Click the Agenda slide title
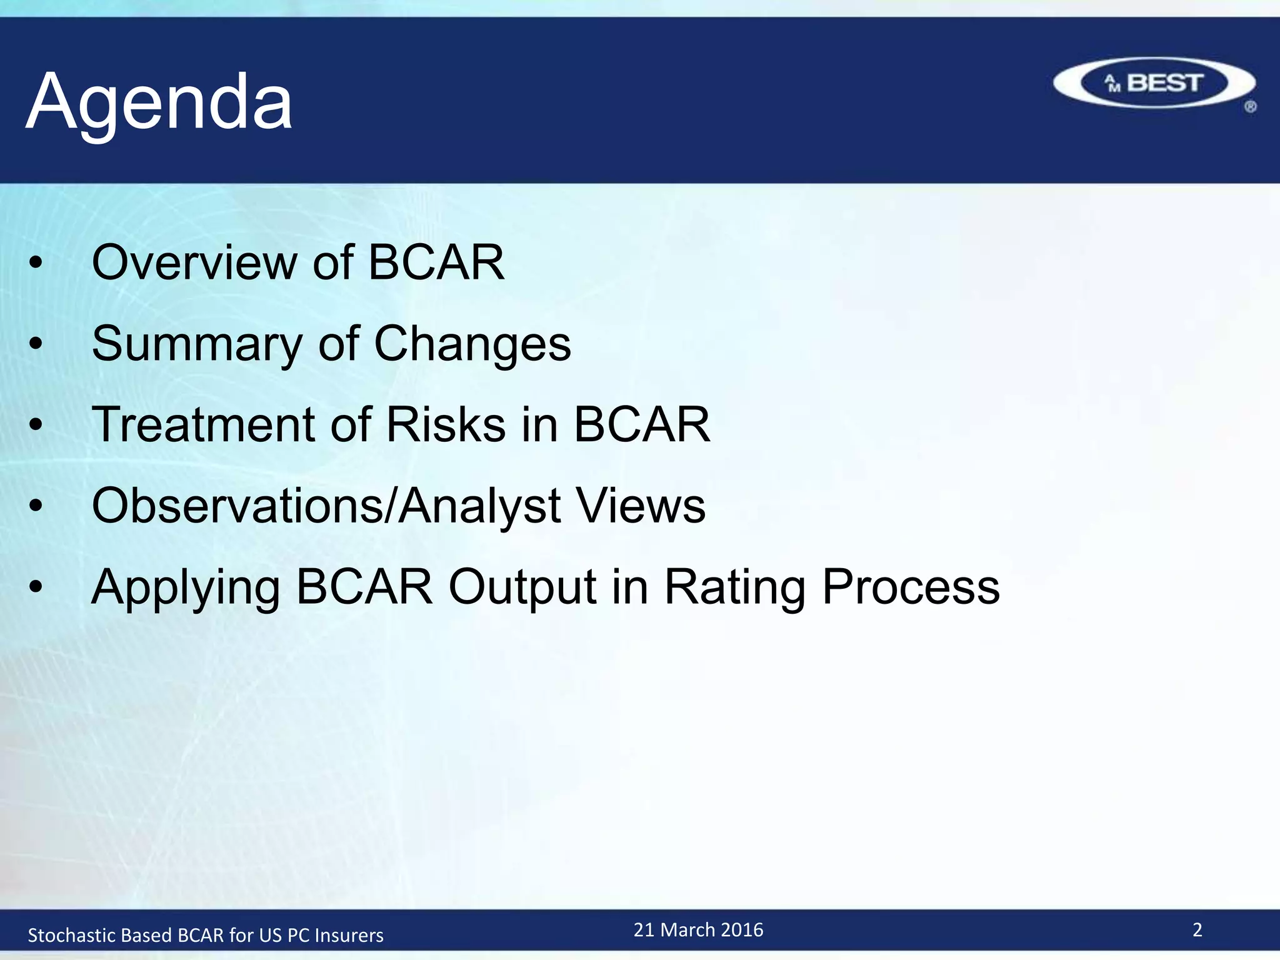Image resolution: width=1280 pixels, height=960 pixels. click(x=159, y=101)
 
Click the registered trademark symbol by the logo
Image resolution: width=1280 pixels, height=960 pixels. click(x=1250, y=107)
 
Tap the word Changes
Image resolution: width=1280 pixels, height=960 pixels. click(x=472, y=344)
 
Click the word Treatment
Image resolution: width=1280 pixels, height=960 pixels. click(x=202, y=424)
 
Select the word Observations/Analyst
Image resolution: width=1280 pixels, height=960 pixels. click(x=326, y=506)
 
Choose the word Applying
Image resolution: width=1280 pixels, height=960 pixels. click(x=186, y=587)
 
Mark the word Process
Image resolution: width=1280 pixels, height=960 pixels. click(x=911, y=587)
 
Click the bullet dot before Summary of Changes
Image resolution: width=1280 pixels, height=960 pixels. click(x=36, y=344)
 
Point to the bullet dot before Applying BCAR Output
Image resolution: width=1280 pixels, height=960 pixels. click(x=36, y=587)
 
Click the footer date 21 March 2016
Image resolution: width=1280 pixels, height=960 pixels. click(x=698, y=930)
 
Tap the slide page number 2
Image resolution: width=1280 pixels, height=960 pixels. click(x=1197, y=930)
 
